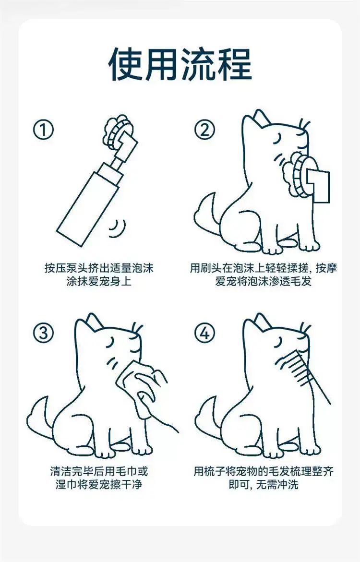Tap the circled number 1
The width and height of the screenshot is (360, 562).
(x=43, y=130)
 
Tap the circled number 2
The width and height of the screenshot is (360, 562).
(x=205, y=130)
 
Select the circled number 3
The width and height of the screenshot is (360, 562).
(x=43, y=334)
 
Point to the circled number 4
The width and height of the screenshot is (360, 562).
(x=205, y=334)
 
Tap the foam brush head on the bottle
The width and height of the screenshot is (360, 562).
(x=119, y=134)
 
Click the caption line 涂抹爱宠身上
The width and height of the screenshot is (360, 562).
(x=99, y=281)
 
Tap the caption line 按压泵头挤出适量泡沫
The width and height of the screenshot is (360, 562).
(x=99, y=268)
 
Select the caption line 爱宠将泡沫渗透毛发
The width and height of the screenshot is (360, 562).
(x=264, y=281)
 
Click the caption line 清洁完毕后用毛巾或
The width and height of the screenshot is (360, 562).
(x=99, y=471)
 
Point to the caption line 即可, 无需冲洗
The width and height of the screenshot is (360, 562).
(x=264, y=485)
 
